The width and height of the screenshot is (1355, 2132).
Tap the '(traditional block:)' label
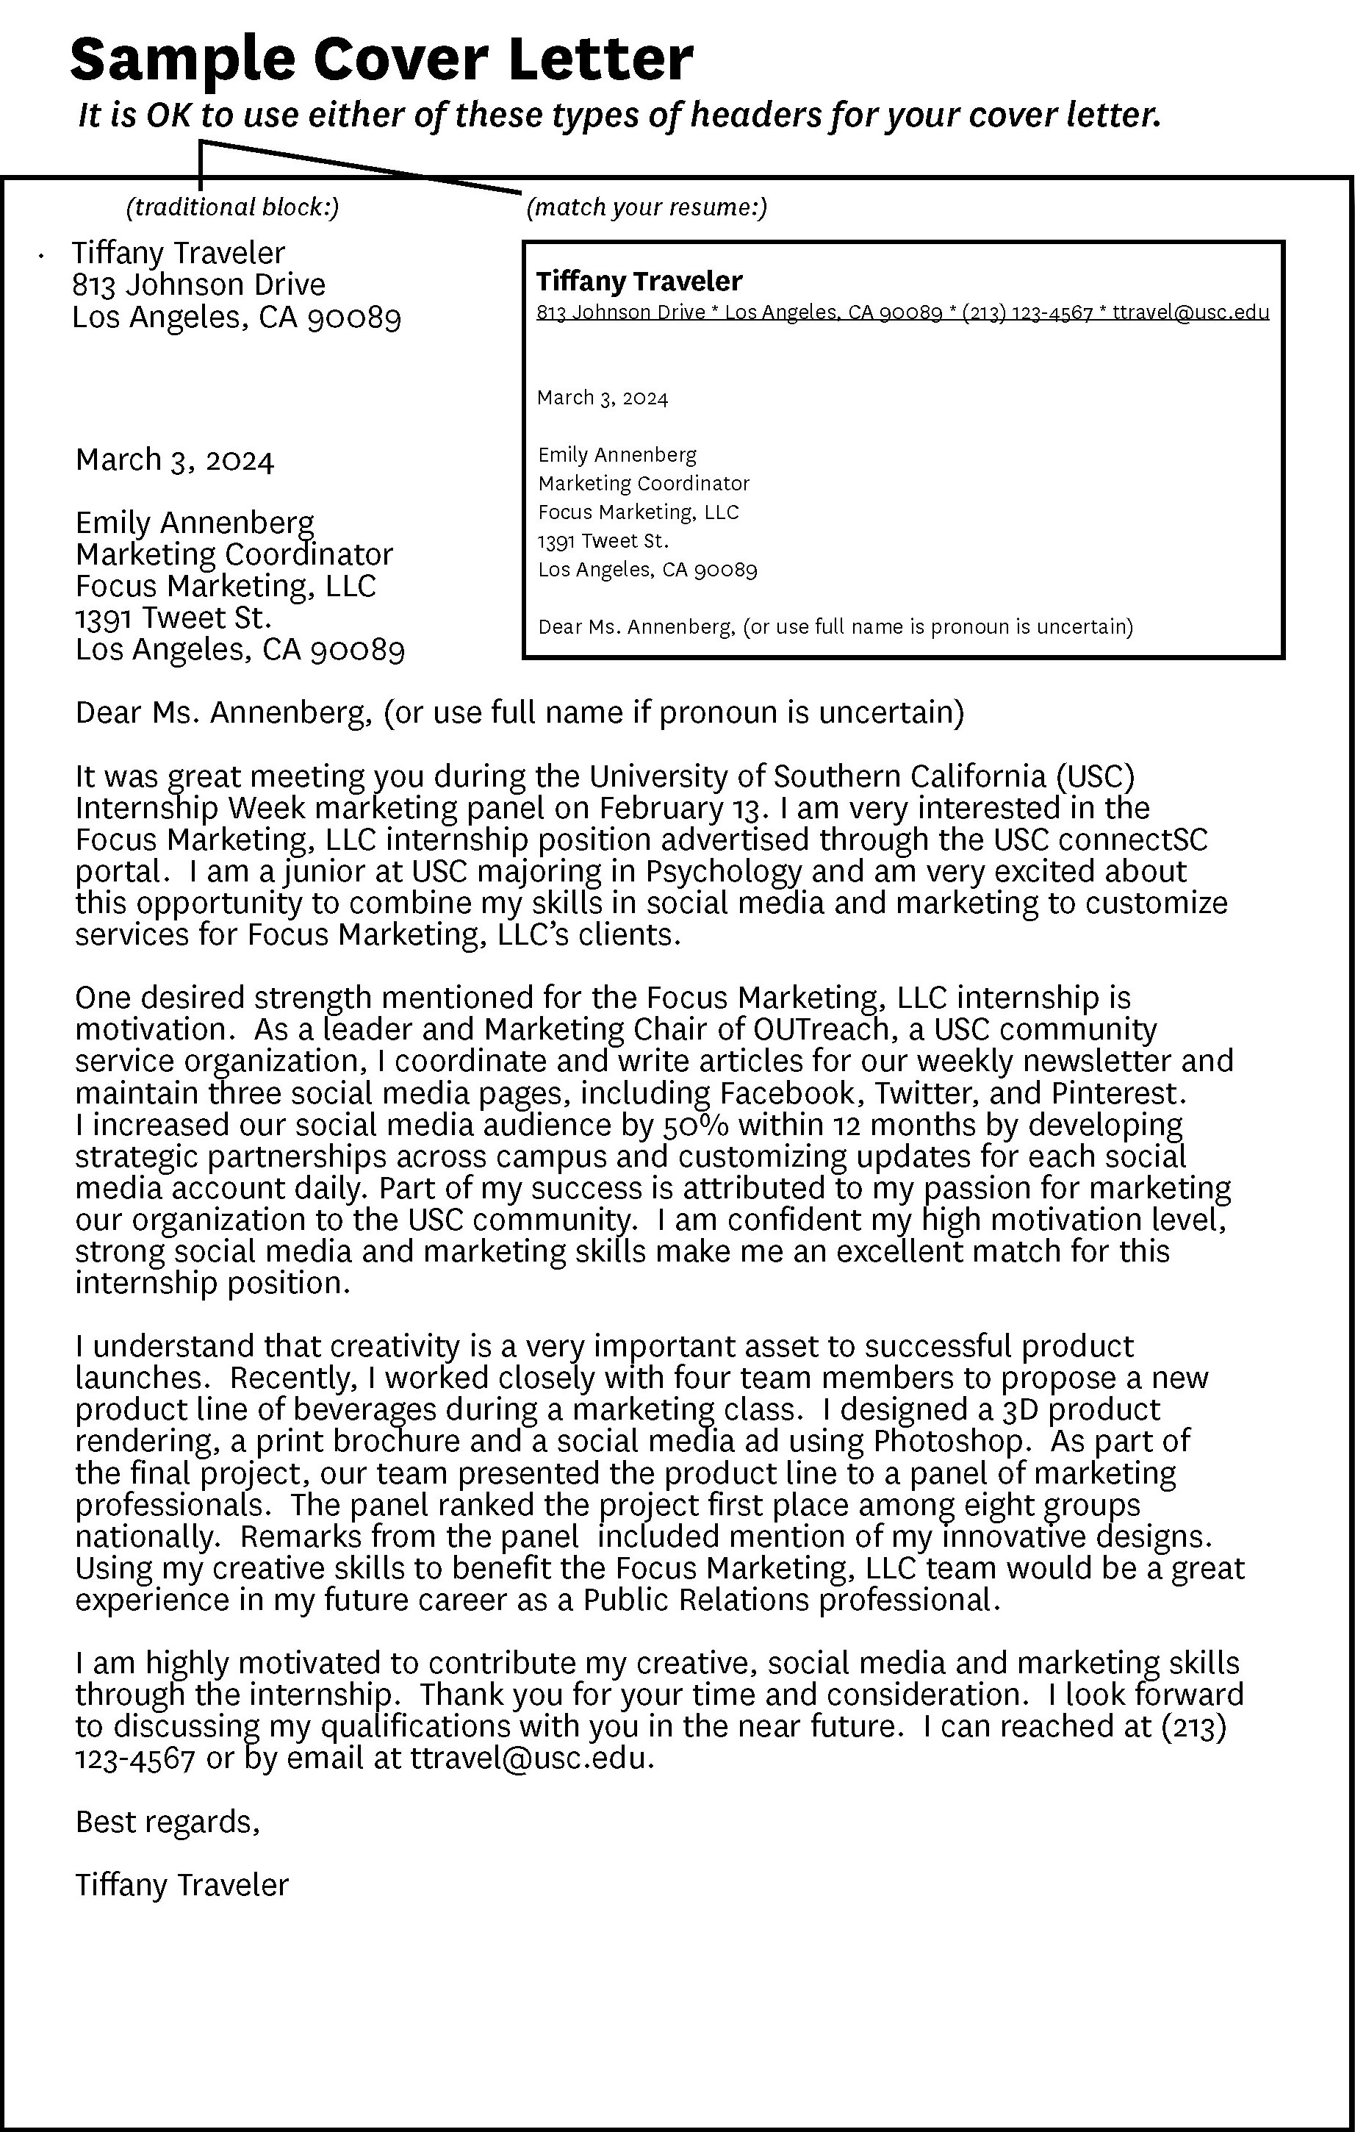[x=233, y=207]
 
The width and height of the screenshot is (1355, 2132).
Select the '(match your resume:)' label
[x=646, y=207]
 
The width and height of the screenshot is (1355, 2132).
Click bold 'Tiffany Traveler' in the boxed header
[x=639, y=282]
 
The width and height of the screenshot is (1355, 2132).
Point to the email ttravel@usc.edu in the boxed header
[x=1190, y=312]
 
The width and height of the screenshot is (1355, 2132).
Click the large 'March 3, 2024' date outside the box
[x=175, y=460]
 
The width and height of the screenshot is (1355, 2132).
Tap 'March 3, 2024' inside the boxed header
[x=602, y=398]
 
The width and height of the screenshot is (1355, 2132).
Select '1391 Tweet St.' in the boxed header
[x=603, y=541]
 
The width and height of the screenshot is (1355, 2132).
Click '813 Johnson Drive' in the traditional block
[x=199, y=285]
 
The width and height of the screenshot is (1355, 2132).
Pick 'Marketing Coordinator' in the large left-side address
[x=234, y=555]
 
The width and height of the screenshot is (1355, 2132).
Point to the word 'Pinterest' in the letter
[x=1117, y=1093]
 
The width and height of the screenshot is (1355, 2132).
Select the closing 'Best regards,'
[x=168, y=1822]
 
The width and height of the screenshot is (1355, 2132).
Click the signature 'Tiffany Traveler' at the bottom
[x=181, y=1886]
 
